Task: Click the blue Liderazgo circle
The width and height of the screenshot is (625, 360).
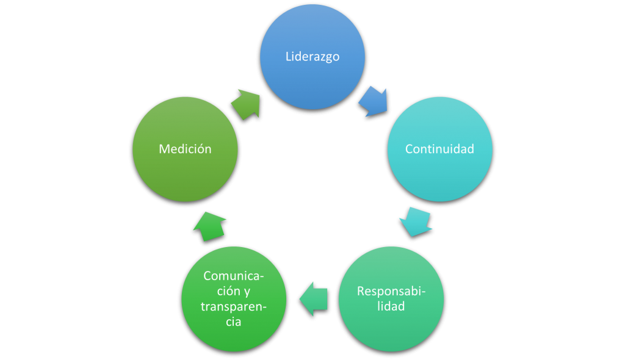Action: click(x=312, y=57)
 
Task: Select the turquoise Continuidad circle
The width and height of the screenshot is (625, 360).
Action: click(x=439, y=149)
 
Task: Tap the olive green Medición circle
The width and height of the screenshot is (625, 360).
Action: click(x=186, y=149)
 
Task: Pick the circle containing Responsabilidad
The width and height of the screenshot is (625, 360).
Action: click(x=391, y=299)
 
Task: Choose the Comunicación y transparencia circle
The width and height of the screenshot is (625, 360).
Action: click(x=234, y=299)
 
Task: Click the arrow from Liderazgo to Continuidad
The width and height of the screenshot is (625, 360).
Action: click(x=374, y=101)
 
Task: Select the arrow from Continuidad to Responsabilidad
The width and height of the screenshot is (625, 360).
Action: click(x=416, y=221)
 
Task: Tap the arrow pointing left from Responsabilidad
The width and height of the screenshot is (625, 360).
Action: click(x=314, y=299)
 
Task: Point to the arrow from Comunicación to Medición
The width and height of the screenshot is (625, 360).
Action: click(x=210, y=226)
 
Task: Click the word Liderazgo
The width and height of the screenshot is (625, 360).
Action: click(x=312, y=57)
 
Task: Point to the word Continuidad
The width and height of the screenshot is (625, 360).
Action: click(x=439, y=149)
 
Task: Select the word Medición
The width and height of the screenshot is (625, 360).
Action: click(x=186, y=149)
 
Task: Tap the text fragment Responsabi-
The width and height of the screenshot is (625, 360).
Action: click(x=391, y=292)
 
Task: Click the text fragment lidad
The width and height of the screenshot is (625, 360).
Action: click(x=391, y=306)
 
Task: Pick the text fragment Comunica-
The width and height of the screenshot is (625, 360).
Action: click(x=234, y=276)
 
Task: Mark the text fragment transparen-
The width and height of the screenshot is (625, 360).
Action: click(x=234, y=307)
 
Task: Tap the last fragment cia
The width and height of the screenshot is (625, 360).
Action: click(x=234, y=322)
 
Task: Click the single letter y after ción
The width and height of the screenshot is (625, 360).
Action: click(x=247, y=292)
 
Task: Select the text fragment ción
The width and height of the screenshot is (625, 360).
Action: click(x=228, y=291)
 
